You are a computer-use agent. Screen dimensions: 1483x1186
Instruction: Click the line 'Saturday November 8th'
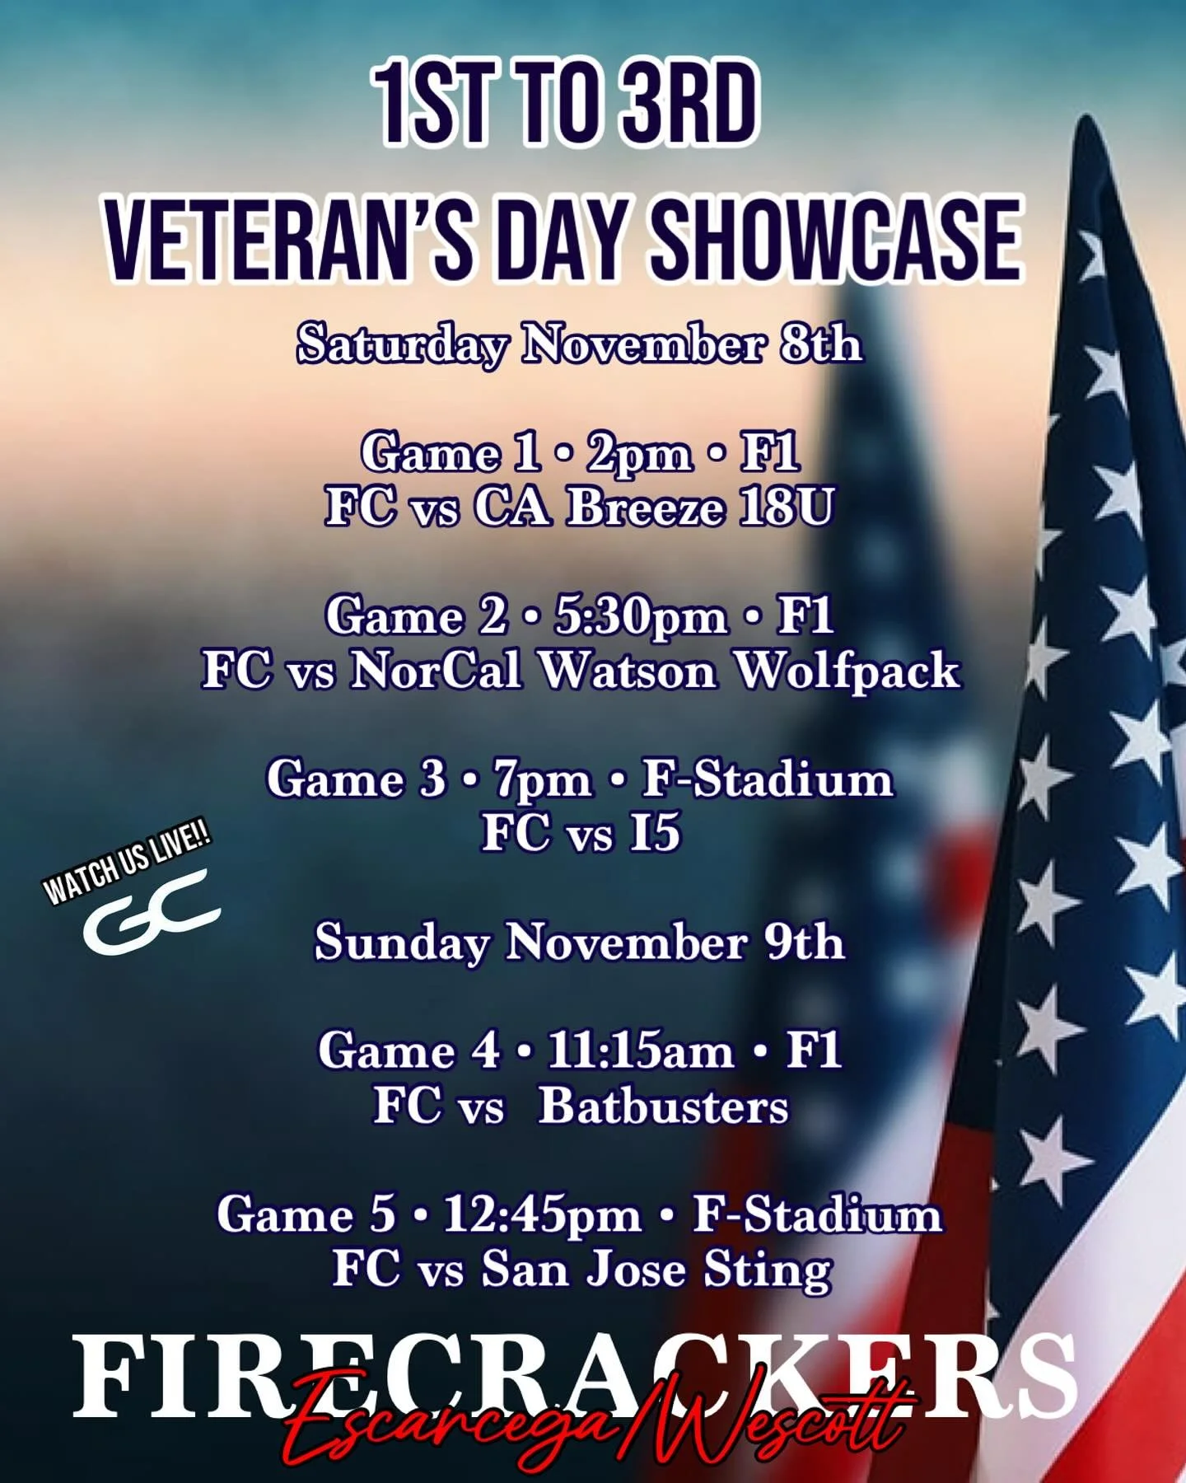click(579, 344)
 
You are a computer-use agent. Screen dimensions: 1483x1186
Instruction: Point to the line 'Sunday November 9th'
click(579, 942)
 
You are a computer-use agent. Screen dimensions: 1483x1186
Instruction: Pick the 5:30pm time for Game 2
click(640, 616)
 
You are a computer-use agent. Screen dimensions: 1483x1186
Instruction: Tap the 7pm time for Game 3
click(543, 779)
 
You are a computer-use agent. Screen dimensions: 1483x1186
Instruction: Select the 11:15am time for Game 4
click(640, 1051)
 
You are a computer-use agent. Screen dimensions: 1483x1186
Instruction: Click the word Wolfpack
click(847, 671)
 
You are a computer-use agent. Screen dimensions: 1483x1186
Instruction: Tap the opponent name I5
click(655, 833)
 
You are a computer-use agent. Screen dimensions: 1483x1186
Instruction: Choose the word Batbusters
click(663, 1106)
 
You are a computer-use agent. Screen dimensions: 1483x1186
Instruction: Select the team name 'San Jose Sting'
click(656, 1269)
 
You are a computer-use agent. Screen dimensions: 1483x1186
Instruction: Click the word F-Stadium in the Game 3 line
click(767, 779)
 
